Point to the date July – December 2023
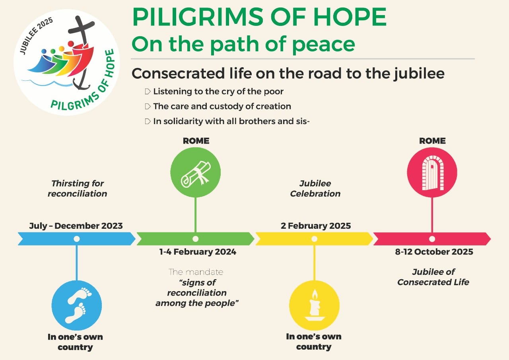(x=76, y=226)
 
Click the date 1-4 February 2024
(x=198, y=252)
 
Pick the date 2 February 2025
(x=316, y=226)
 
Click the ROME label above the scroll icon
(x=196, y=141)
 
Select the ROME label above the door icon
(x=432, y=141)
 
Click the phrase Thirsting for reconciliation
(x=77, y=189)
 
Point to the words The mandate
(x=196, y=272)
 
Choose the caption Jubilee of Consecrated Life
(x=433, y=277)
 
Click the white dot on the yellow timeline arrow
(x=314, y=239)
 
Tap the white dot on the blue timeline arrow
(x=77, y=239)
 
